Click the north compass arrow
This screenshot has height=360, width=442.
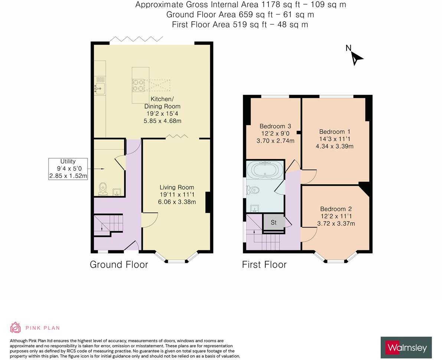[x=357, y=58]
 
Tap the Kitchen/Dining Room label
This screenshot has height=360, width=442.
[x=162, y=103]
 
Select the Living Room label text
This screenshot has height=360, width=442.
[x=177, y=188]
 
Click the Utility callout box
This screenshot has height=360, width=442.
[x=68, y=169]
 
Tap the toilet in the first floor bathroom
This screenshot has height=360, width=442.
[x=253, y=190]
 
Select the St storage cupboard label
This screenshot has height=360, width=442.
[x=274, y=223]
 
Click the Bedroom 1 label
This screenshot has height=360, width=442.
[x=334, y=132]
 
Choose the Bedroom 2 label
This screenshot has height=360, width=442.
[x=336, y=209]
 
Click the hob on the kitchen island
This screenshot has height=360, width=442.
[x=138, y=85]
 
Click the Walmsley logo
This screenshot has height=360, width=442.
[x=406, y=348]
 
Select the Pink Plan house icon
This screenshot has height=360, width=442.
[x=15, y=327]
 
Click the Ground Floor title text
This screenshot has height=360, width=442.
[x=119, y=265]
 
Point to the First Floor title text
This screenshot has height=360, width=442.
[x=264, y=265]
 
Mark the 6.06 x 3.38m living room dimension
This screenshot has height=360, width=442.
[x=177, y=202]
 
